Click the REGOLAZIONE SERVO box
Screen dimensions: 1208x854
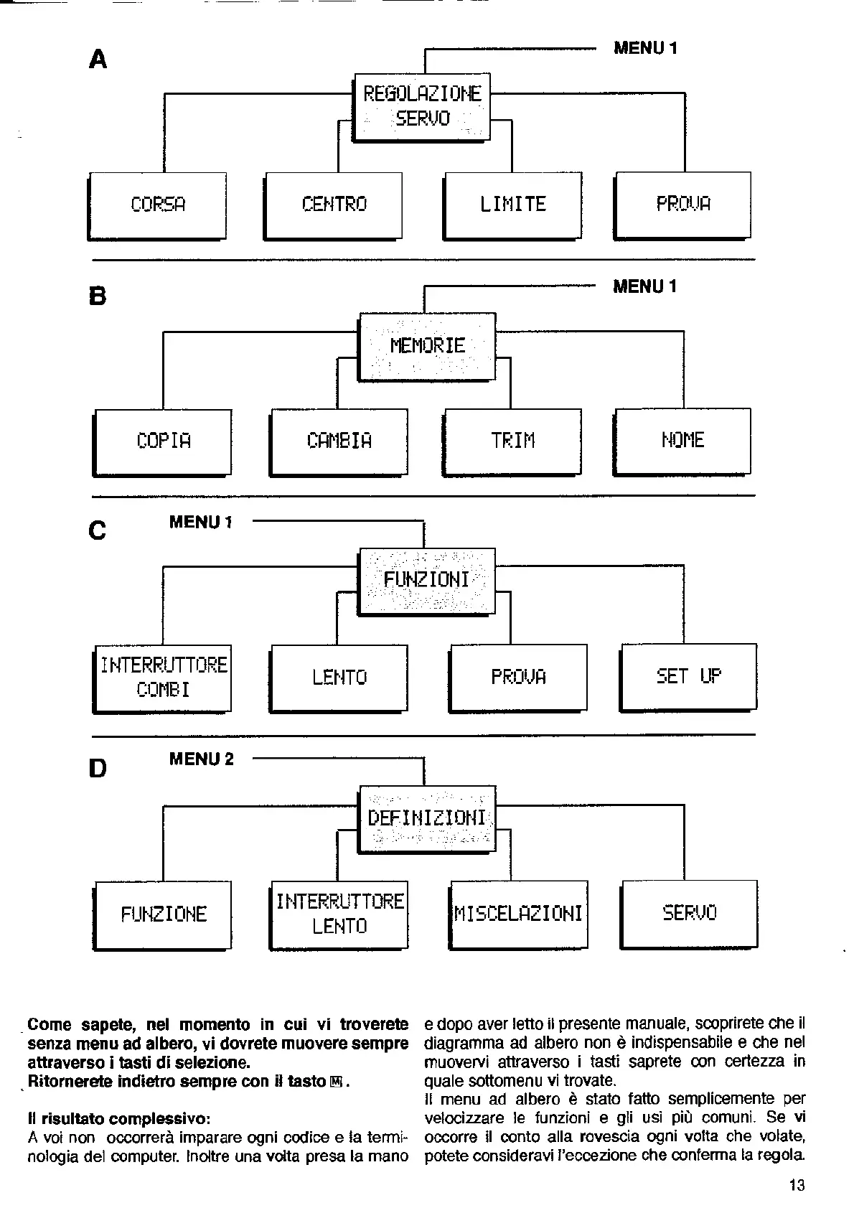423,106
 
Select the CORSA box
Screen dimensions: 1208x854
158,205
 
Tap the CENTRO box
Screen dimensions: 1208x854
334,205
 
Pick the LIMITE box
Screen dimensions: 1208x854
512,205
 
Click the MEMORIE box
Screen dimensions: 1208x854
427,346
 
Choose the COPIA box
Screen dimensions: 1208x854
164,441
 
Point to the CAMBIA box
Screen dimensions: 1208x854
339,441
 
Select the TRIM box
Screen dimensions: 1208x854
512,441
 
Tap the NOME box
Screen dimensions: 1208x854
682,441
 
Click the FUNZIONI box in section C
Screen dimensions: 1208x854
427,580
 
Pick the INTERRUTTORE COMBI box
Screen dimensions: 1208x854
164,678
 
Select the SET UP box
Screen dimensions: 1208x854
688,676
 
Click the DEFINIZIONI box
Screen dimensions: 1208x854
427,818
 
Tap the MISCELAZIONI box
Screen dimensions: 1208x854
518,914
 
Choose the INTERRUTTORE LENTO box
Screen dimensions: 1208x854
339,914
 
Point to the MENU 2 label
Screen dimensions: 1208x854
202,759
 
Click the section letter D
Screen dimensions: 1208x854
98,769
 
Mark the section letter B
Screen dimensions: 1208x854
98,296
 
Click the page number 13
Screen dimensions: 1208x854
797,1185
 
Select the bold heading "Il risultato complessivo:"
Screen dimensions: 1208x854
119,1118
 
